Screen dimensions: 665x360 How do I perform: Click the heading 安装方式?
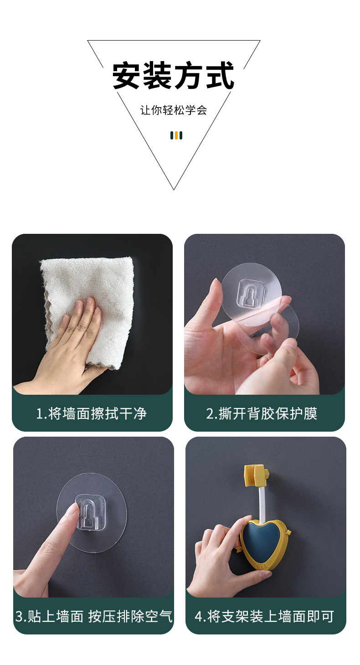173,76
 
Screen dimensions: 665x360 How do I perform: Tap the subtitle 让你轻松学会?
173,110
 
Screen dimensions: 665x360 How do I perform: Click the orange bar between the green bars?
176,135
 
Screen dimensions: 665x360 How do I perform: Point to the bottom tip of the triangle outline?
174,189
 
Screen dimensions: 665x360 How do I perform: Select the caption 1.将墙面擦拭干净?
92,413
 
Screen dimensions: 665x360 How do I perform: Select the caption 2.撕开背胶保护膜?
261,413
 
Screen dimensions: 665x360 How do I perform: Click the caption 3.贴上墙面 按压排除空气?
94,616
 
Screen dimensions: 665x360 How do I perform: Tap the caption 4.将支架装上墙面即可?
264,616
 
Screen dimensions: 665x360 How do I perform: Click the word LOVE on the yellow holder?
263,565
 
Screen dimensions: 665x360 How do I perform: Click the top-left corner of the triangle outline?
88,41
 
